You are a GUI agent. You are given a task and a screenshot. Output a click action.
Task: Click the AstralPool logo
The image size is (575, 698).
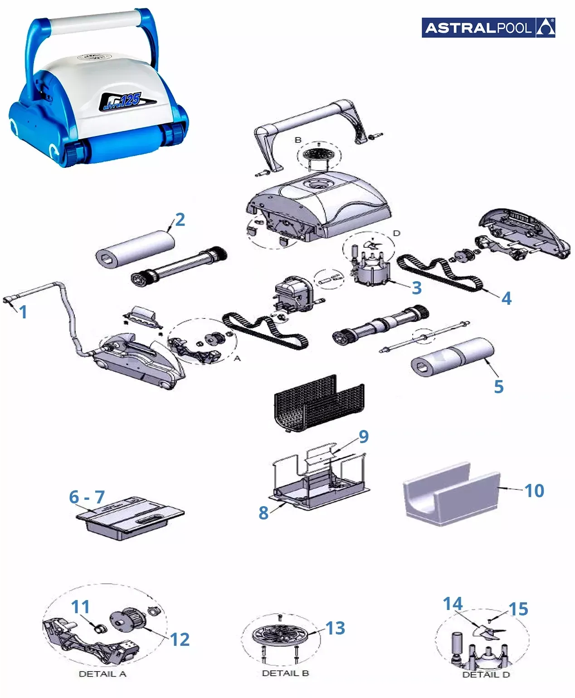point(488,27)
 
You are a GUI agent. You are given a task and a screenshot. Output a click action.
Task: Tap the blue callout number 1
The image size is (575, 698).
point(23,312)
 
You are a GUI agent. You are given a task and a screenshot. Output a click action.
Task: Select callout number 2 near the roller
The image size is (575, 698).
point(180,220)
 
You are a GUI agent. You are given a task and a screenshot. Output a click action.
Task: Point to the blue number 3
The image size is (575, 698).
point(416,288)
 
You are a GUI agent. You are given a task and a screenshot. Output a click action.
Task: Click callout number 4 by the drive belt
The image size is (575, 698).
point(507,298)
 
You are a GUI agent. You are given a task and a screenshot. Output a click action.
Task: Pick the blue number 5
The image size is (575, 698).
point(498,386)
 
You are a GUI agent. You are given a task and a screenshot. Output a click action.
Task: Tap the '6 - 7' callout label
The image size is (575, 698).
point(87,497)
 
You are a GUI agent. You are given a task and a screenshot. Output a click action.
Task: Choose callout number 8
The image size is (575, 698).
point(263,513)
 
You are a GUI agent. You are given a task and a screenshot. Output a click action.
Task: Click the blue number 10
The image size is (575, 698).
point(534,491)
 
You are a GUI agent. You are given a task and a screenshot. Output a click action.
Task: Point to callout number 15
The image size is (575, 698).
point(518,609)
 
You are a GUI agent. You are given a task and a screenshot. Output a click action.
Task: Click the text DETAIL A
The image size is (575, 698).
point(102,674)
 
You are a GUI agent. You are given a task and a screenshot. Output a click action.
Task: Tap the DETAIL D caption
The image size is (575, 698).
point(486,674)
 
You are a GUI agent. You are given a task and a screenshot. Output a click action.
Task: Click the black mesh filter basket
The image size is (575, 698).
point(319,402)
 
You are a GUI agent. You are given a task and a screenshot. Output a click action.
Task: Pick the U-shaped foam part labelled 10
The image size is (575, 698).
point(452,494)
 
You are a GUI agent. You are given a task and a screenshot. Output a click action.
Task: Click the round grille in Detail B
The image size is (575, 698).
point(281,634)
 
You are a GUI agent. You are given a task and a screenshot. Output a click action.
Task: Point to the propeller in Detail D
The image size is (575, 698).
point(488,632)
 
